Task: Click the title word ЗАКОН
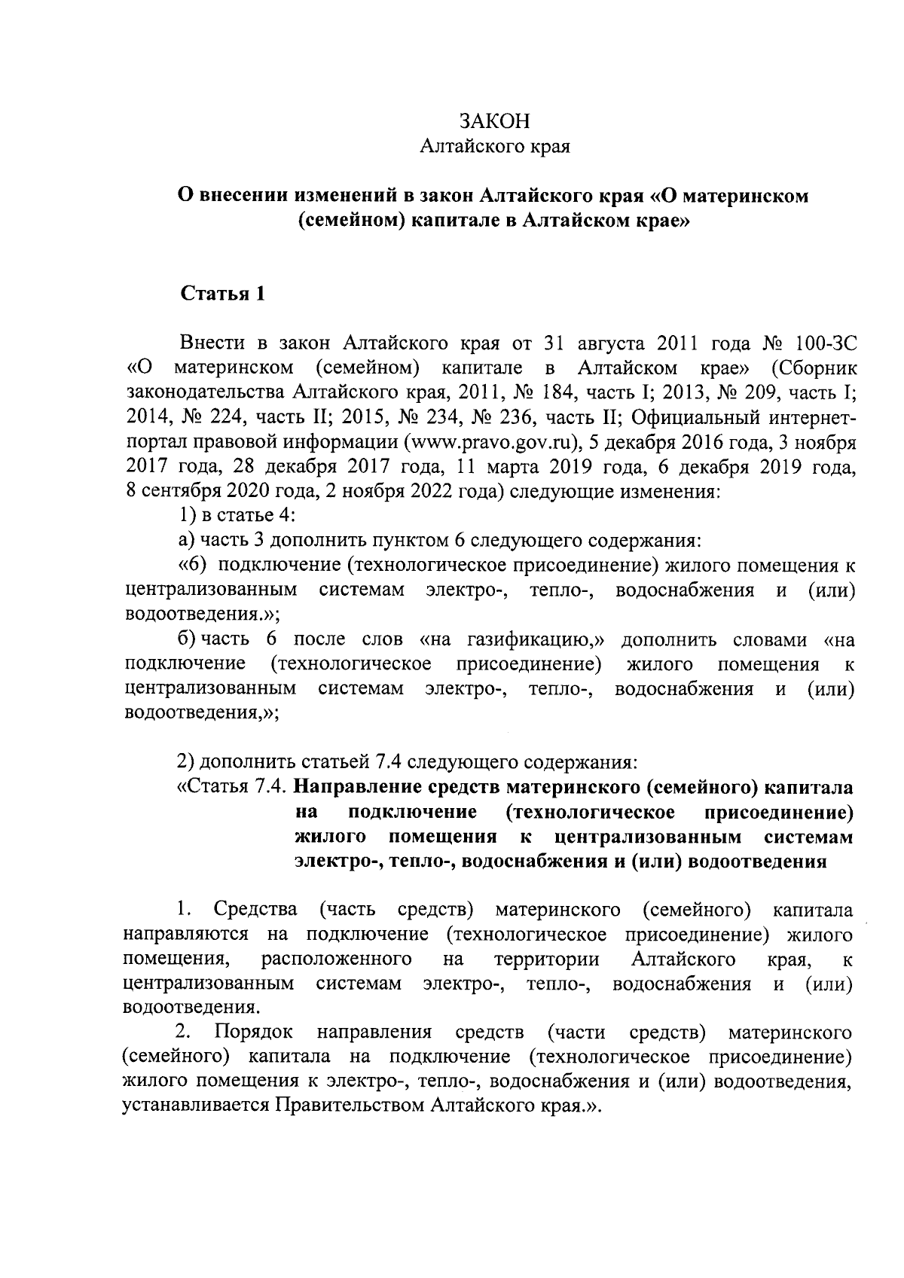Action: tap(495, 121)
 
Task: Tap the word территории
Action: tap(547, 960)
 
